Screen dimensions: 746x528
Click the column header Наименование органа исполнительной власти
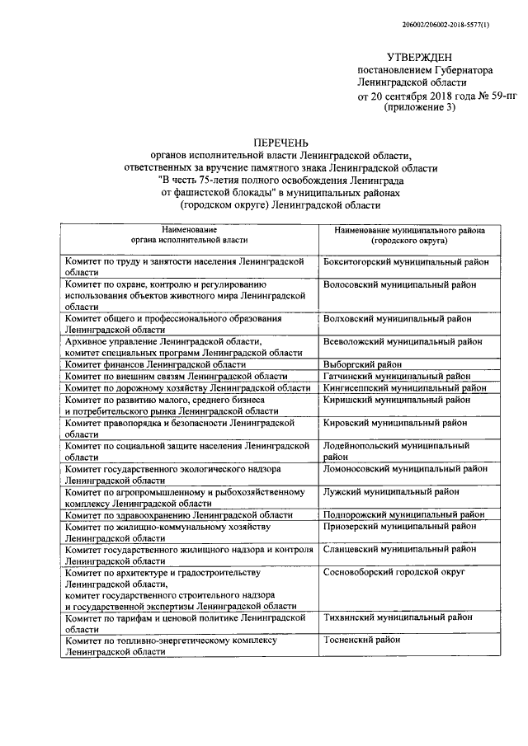click(190, 237)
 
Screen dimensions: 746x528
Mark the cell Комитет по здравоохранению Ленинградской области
click(179, 514)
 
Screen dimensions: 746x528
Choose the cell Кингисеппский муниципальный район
click(404, 387)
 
